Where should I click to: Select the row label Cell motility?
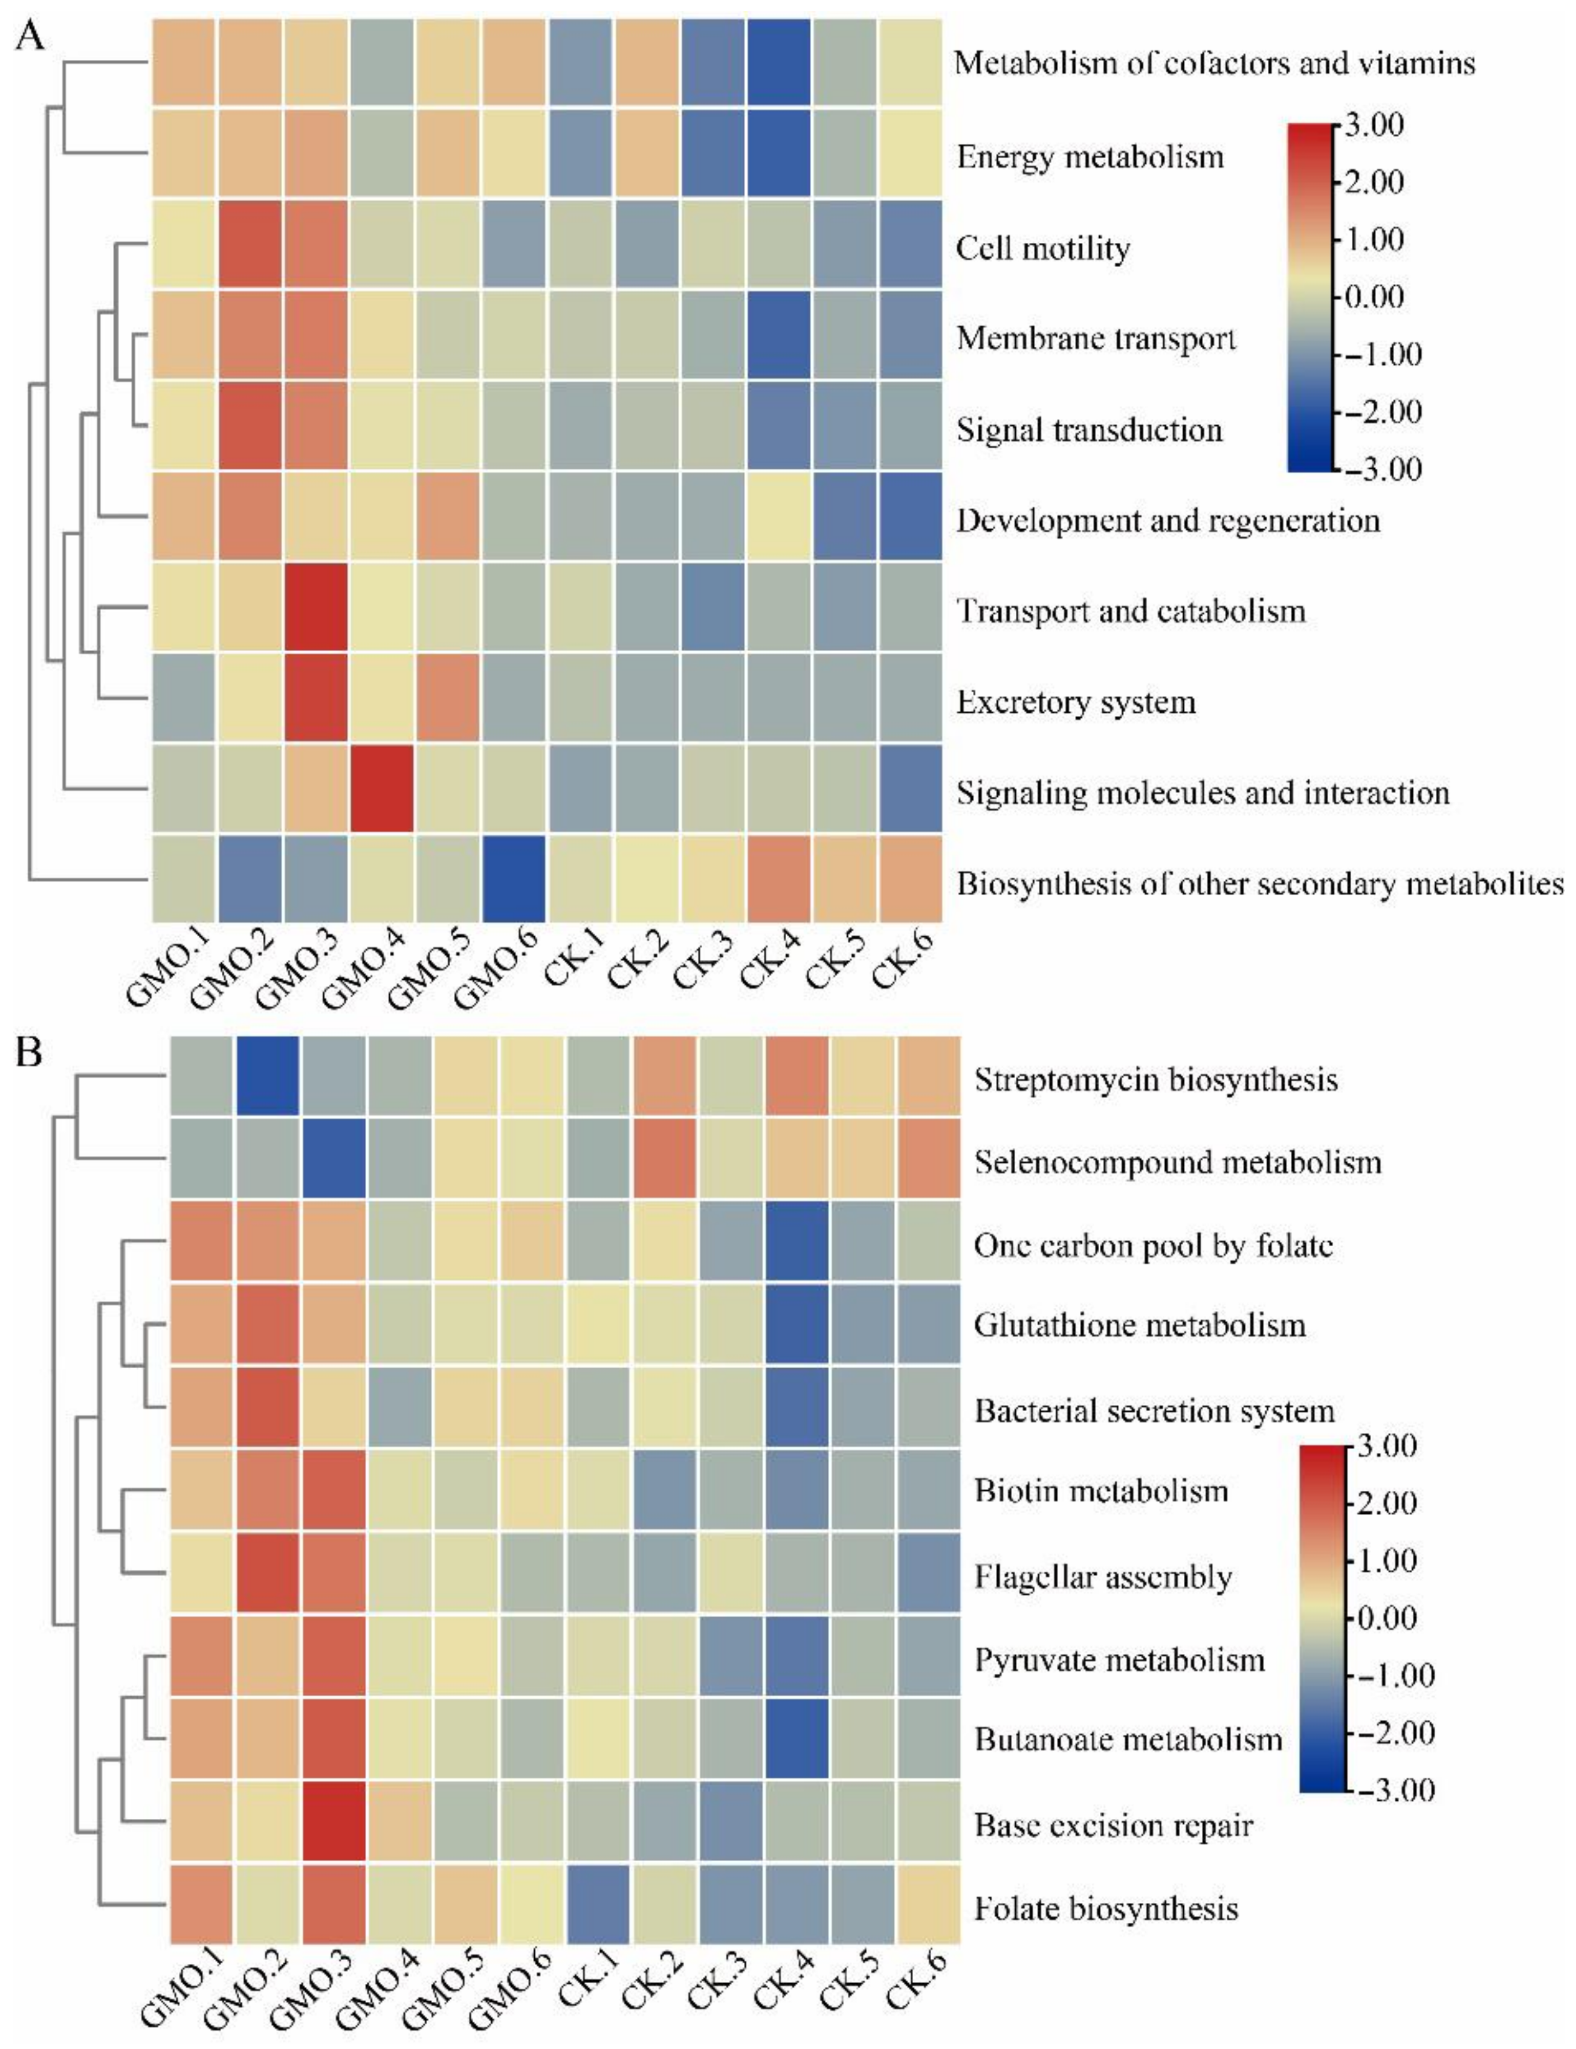[1042, 248]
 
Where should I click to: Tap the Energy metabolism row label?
[1089, 156]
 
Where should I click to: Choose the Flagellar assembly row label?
[1102, 1577]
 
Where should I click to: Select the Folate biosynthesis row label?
[1106, 1908]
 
